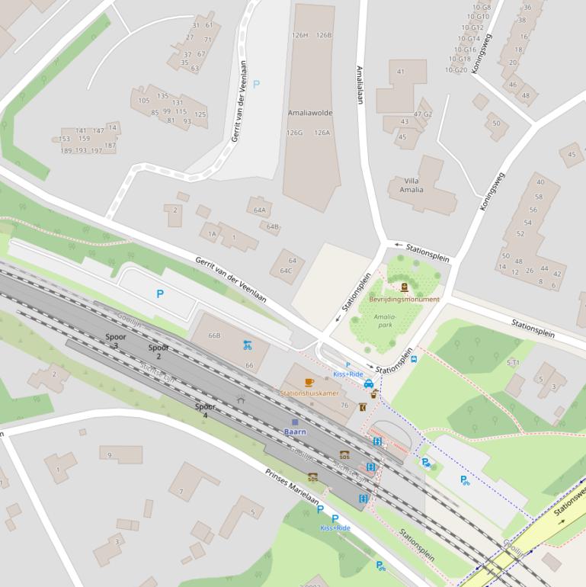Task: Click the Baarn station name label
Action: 295,431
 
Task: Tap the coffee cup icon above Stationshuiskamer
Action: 309,382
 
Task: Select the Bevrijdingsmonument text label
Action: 404,300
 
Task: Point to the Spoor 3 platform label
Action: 116,341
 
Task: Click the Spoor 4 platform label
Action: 205,411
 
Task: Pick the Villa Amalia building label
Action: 411,185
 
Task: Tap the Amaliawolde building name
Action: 310,112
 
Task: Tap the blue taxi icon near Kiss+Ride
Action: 369,383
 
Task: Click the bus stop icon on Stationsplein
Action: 414,358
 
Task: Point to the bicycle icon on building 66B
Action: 247,345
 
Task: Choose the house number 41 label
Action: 400,72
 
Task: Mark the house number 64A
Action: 260,210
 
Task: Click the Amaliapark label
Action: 386,320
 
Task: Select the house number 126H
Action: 299,35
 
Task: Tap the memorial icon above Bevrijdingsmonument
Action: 404,287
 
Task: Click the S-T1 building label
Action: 513,363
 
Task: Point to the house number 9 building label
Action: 110,455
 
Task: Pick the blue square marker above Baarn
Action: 295,422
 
